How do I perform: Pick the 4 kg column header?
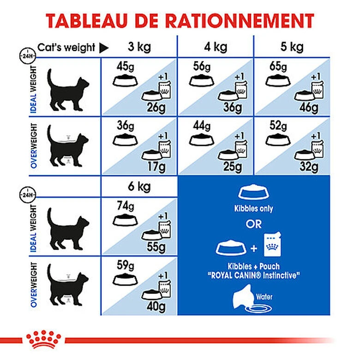tap(216, 47)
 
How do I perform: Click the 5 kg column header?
tap(291, 47)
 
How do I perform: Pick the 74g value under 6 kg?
tap(123, 206)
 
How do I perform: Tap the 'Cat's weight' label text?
tap(66, 47)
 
